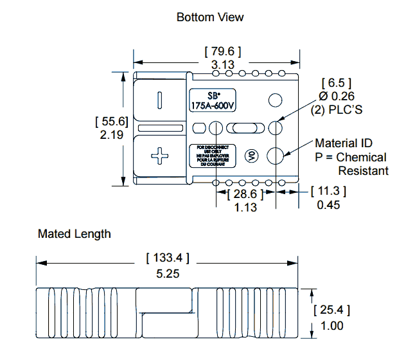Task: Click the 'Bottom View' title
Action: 210,17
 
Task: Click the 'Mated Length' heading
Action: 74,233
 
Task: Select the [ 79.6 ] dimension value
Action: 222,51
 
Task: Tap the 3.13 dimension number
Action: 222,65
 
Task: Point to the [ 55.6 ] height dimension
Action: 112,121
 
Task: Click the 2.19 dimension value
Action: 112,136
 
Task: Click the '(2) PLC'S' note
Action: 337,110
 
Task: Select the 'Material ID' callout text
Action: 343,143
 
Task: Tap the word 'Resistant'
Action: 363,170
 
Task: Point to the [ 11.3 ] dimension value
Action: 328,191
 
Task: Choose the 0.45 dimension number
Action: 328,205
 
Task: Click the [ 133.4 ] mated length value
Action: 168,258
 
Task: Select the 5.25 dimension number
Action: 168,273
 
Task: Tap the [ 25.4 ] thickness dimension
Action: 331,310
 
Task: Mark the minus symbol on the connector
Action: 159,100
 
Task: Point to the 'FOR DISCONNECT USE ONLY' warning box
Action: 213,156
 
